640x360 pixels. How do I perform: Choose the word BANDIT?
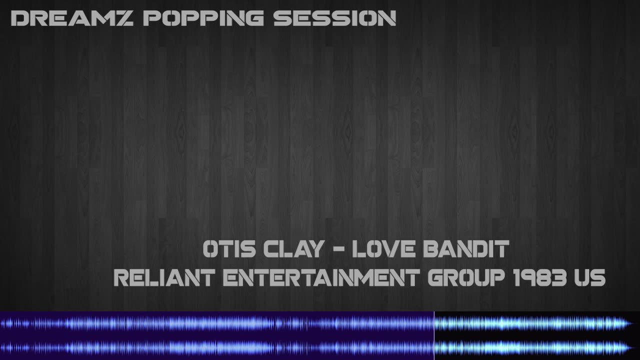pyautogui.click(x=466, y=249)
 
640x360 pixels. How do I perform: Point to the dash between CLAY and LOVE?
pyautogui.click(x=338, y=249)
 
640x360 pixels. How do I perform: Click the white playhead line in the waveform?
pyautogui.click(x=434, y=335)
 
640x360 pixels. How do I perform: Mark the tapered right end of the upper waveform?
pyautogui.click(x=628, y=323)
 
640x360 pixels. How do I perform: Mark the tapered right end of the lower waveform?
pyautogui.click(x=628, y=347)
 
